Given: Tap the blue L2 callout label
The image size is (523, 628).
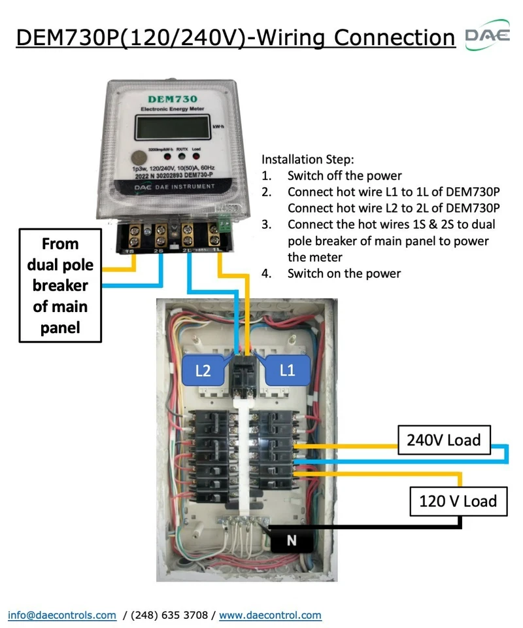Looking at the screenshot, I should [x=203, y=370].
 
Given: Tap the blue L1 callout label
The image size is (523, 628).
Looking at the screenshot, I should [x=287, y=370].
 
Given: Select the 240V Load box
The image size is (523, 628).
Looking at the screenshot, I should [x=443, y=440].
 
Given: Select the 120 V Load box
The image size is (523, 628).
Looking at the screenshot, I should [x=458, y=501].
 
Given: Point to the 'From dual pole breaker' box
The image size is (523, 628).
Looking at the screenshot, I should [x=60, y=285].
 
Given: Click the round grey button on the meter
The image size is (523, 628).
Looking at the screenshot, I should [x=138, y=158].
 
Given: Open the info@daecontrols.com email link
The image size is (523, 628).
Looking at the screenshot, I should [x=62, y=615].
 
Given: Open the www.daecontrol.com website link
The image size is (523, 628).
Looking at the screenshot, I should [x=270, y=615].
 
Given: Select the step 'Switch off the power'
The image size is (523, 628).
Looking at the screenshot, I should [x=345, y=175].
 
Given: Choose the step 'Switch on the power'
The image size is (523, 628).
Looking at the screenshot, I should [x=344, y=273].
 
